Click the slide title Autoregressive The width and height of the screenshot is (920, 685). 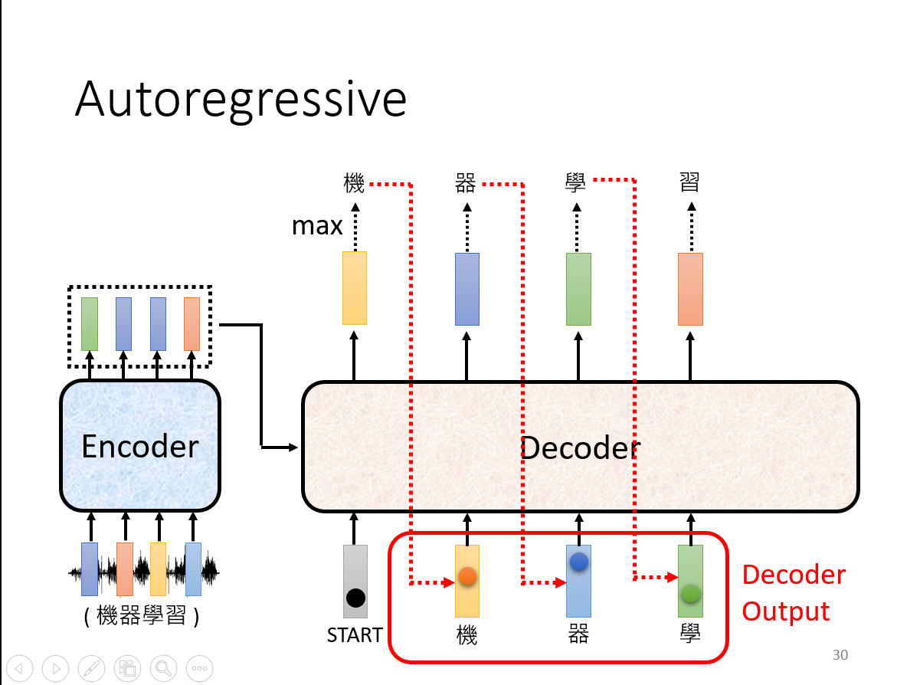tap(241, 101)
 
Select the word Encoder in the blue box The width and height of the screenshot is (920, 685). tap(140, 447)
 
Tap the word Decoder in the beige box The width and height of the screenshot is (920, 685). tap(581, 448)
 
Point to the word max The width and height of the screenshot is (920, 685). tap(317, 226)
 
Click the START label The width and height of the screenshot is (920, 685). tap(355, 635)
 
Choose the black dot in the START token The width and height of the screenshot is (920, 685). tap(355, 598)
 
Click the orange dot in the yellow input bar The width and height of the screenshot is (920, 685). tap(467, 577)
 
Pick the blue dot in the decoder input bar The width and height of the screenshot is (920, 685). tap(579, 562)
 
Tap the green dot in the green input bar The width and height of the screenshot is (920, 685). tap(691, 593)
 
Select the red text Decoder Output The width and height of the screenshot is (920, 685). tap(794, 593)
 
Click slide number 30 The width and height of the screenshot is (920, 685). tap(840, 654)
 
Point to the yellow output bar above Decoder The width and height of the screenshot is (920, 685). tap(355, 288)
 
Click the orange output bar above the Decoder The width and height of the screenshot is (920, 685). tap(691, 289)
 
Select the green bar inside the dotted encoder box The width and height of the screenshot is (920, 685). tap(90, 324)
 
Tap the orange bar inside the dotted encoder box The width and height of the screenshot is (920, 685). tap(192, 324)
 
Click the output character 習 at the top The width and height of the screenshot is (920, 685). tap(689, 182)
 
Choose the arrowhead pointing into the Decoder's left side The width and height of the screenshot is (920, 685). tap(293, 447)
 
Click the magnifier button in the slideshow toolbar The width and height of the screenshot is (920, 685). tap(163, 668)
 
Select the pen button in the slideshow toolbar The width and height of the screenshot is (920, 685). tap(92, 668)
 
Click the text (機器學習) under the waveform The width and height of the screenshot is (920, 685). tap(142, 615)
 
